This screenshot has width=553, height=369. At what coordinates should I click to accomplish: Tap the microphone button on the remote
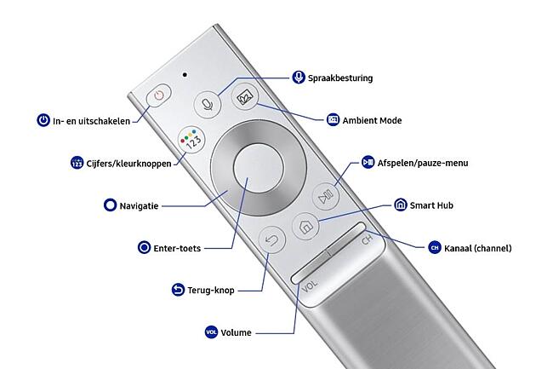coord(206,102)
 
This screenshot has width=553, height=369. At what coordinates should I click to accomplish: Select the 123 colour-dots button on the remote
coord(191,141)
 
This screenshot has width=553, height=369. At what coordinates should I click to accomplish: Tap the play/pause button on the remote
coord(328,193)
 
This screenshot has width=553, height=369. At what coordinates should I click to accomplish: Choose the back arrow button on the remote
coord(271,240)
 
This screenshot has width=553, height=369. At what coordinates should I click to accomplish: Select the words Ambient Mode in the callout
coord(372,120)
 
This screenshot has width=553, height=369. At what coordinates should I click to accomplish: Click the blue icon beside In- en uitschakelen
coord(43,121)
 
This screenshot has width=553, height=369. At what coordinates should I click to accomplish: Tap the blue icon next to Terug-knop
coord(178,290)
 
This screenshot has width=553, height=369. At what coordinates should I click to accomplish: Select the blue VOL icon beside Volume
coord(212,332)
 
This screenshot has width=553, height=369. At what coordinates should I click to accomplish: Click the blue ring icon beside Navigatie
coord(109,205)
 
